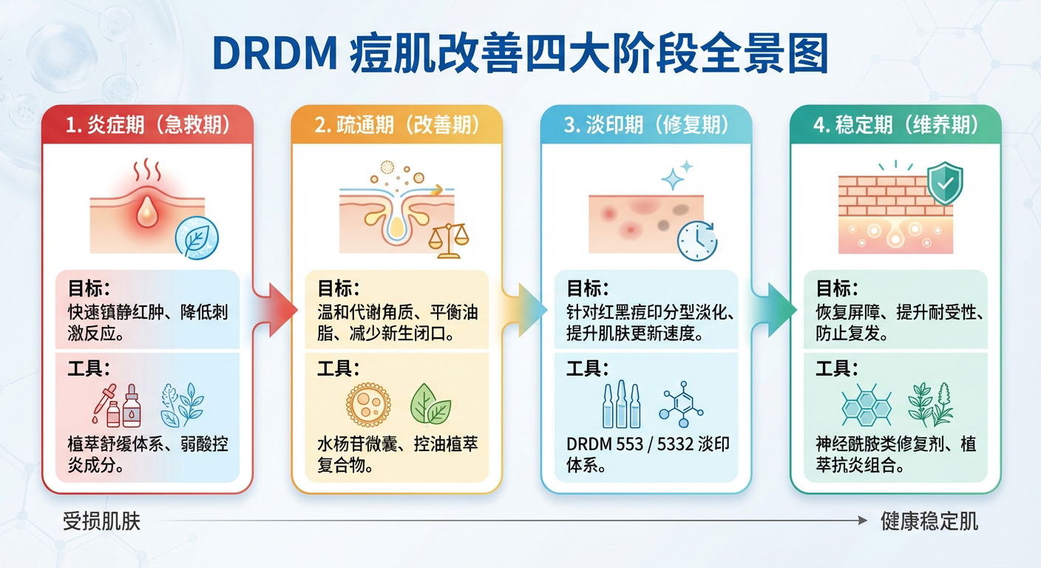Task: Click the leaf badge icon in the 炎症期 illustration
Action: coord(197,236)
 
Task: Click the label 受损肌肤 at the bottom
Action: coord(101,521)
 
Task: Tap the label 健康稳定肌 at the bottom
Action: coord(929,521)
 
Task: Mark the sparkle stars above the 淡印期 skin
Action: coord(677,175)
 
